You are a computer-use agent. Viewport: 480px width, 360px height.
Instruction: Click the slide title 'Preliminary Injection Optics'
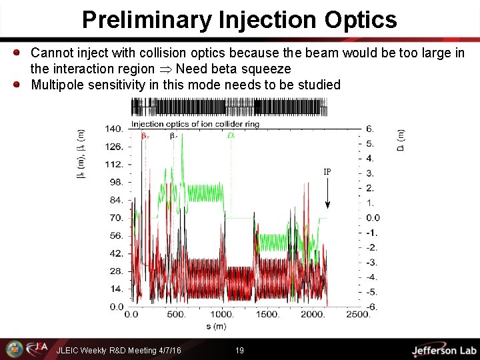(239, 19)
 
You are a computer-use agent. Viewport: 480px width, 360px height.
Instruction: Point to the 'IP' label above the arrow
(327, 172)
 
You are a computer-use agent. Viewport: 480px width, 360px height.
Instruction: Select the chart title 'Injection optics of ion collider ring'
(195, 124)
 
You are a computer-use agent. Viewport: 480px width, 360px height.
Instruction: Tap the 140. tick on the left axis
(115, 129)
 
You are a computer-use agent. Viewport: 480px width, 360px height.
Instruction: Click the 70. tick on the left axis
(117, 217)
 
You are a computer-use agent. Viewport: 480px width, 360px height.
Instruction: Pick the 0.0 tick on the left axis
(117, 307)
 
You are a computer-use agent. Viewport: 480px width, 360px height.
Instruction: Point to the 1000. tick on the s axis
(222, 315)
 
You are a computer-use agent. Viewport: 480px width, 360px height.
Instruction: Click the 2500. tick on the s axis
(359, 315)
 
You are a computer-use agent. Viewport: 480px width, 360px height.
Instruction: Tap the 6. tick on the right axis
(370, 129)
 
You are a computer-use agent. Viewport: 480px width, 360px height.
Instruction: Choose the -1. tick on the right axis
(371, 233)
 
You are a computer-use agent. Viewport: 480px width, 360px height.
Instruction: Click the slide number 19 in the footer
(239, 350)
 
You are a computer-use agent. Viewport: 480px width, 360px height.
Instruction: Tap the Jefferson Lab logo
(443, 350)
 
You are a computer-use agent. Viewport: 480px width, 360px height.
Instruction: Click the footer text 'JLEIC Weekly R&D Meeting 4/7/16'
(119, 350)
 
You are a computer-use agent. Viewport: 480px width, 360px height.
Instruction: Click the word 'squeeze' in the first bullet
(270, 69)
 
